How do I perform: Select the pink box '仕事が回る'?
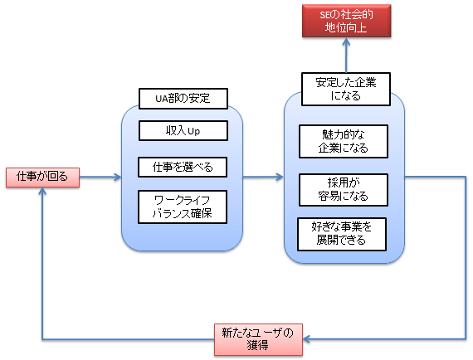(42, 177)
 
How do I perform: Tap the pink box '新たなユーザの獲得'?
(258, 339)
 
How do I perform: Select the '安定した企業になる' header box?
(344, 90)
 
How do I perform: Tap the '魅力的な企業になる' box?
(344, 142)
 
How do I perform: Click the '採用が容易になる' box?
(344, 189)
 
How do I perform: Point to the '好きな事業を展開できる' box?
(344, 233)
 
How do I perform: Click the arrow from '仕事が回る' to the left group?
(100, 177)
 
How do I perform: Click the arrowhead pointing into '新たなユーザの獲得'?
(306, 339)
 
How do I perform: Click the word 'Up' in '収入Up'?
(193, 132)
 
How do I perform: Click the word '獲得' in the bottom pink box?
(258, 346)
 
